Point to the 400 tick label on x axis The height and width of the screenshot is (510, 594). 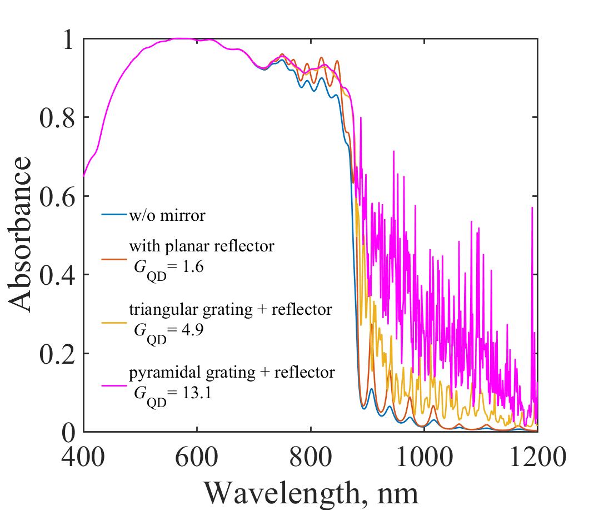[x=83, y=458]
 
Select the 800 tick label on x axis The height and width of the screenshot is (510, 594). [x=310, y=458]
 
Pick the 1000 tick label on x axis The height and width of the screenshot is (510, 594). [x=423, y=458]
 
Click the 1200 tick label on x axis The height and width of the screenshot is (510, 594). [x=537, y=458]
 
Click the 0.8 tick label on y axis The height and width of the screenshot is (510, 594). [x=57, y=118]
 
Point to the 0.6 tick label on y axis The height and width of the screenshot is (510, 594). [x=57, y=196]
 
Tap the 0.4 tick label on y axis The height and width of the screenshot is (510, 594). [x=57, y=275]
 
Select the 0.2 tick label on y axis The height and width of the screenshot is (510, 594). [x=57, y=354]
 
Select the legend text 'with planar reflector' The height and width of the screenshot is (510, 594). [x=201, y=246]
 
